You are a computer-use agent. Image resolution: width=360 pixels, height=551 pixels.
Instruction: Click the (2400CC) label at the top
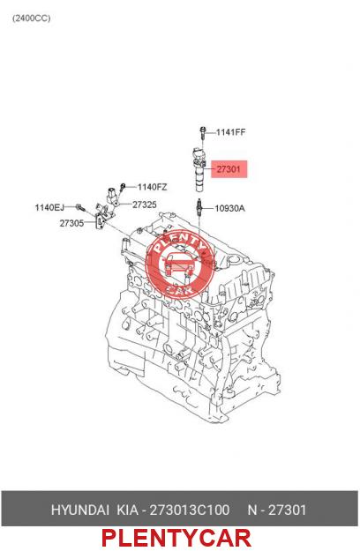pyautogui.click(x=31, y=19)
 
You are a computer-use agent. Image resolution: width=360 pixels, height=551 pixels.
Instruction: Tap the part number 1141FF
pyautogui.click(x=230, y=132)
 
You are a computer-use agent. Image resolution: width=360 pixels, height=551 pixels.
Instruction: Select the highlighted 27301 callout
pyautogui.click(x=229, y=169)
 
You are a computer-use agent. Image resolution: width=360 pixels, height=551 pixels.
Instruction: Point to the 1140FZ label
pyautogui.click(x=152, y=187)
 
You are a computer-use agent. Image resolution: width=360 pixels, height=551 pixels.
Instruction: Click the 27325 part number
pyautogui.click(x=145, y=205)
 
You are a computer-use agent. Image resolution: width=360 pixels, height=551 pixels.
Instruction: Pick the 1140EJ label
pyautogui.click(x=49, y=208)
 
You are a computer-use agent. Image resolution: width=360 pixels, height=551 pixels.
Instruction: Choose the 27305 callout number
pyautogui.click(x=71, y=223)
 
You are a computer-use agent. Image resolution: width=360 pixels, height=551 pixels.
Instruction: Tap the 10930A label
pyautogui.click(x=230, y=208)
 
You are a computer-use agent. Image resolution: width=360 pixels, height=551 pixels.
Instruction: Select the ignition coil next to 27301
pyautogui.click(x=199, y=170)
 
